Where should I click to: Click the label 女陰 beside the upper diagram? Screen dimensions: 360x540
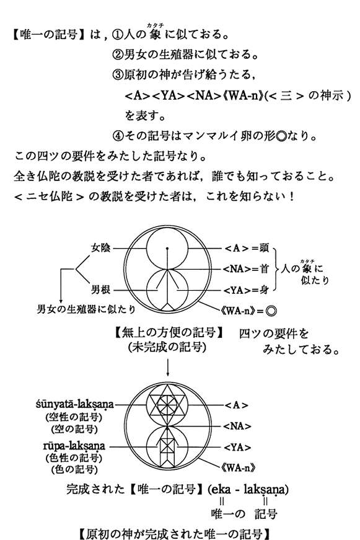(x=100, y=247)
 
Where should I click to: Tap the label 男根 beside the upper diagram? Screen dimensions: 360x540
(x=100, y=290)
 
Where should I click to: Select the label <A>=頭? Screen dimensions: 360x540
(x=247, y=248)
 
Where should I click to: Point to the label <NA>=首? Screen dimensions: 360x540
(x=246, y=268)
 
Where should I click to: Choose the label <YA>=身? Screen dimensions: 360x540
(x=246, y=291)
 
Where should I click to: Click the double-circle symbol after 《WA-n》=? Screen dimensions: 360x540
(x=271, y=311)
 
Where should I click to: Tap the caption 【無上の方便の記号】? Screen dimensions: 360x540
(x=169, y=333)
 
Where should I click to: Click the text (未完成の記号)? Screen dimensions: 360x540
(x=167, y=347)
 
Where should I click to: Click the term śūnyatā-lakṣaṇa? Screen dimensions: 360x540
(x=75, y=404)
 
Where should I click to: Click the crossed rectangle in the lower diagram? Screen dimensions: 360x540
(x=168, y=447)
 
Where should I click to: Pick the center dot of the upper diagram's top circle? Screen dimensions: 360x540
(x=167, y=248)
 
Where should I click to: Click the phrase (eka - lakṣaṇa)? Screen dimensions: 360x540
(x=248, y=489)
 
